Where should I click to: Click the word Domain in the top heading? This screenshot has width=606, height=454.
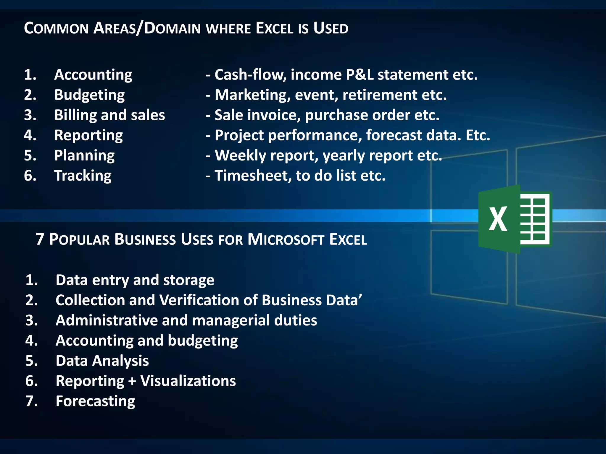(x=173, y=29)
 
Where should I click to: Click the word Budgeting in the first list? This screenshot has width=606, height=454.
(x=89, y=95)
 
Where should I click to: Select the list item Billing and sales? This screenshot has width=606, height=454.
(x=109, y=115)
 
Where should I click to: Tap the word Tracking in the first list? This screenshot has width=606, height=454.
(x=83, y=176)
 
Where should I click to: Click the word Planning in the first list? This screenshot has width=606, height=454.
(x=84, y=156)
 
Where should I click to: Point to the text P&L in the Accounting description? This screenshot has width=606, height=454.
(x=360, y=75)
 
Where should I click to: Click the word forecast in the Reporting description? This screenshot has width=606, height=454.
(x=394, y=135)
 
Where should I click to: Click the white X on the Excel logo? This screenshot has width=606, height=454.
(x=498, y=219)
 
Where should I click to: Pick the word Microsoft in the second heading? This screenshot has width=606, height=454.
(x=286, y=239)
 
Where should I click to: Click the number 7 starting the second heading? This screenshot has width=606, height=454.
(x=40, y=239)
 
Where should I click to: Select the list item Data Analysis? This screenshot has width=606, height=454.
(x=102, y=361)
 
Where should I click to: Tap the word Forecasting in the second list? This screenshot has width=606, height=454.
(x=95, y=401)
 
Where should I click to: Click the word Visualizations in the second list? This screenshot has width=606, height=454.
(x=188, y=381)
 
